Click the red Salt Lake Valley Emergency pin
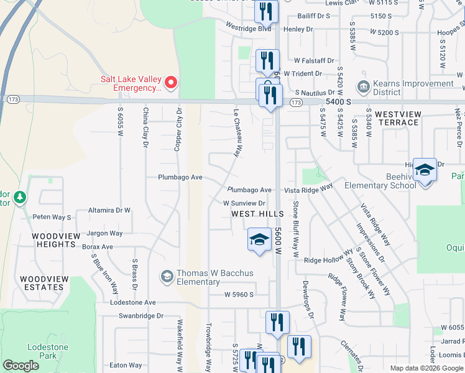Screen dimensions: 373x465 point(169,82)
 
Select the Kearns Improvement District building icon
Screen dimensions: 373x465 point(363,85)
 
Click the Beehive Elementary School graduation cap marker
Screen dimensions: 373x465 point(425,168)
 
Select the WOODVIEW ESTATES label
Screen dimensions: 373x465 point(44,283)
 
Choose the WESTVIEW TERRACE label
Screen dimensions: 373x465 point(398,118)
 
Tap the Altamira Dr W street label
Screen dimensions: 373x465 point(109,210)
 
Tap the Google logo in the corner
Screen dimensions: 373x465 point(21,366)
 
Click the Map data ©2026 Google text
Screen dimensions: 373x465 point(426,368)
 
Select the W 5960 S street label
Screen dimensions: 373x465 point(239,294)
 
